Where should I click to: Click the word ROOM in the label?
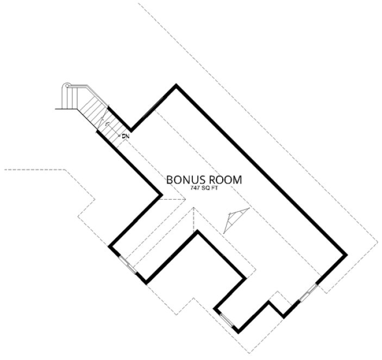point(223,179)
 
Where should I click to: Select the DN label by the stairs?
point(124,135)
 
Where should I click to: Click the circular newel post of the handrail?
point(67,86)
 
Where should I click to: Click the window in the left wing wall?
point(128,264)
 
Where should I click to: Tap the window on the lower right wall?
point(309,293)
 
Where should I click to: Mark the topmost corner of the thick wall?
point(176,85)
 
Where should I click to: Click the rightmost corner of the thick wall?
point(346,254)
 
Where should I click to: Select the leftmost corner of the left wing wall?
point(109,247)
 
